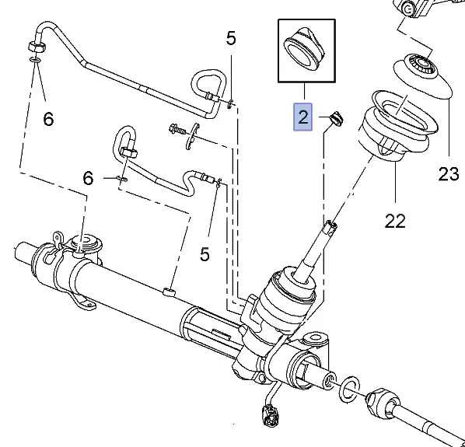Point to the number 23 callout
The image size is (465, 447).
click(449, 173)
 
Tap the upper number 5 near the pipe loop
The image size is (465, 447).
click(231, 39)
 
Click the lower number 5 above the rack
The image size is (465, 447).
click(205, 253)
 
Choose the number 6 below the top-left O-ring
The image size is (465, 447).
click(47, 119)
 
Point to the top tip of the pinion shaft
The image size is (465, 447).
click(332, 225)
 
